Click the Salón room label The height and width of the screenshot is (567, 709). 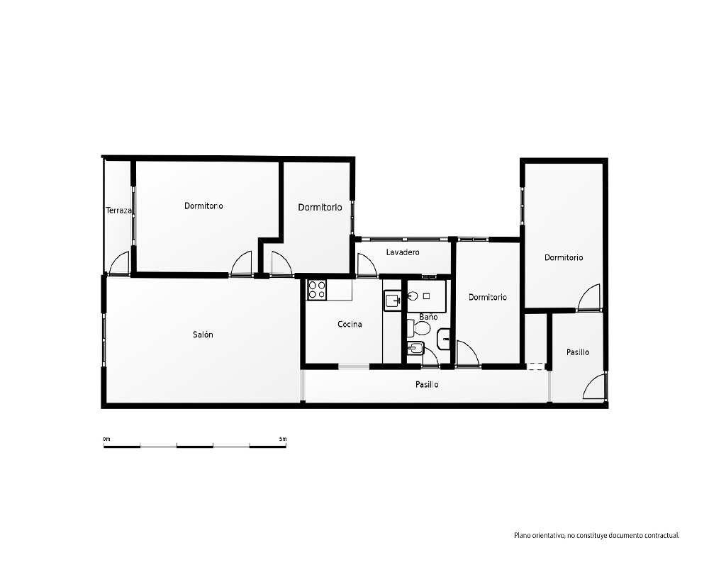[203, 335]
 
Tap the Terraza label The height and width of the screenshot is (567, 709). [118, 210]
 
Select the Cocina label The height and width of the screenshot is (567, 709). [350, 324]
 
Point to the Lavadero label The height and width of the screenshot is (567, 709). [403, 252]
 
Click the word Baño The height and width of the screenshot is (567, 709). [428, 317]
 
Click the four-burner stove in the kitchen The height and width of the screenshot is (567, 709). [317, 290]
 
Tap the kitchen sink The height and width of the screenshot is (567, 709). [393, 301]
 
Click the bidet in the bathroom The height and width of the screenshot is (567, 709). [415, 348]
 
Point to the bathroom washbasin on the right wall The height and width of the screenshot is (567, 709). [444, 339]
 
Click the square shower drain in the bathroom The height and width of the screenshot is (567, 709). [426, 296]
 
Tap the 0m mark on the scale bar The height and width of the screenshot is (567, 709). [107, 439]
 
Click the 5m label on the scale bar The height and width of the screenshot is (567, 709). [283, 439]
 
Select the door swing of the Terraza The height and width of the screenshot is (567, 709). [119, 263]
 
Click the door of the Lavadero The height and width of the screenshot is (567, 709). [367, 264]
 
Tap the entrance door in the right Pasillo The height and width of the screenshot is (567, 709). [593, 386]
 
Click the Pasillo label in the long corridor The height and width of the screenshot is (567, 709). [427, 385]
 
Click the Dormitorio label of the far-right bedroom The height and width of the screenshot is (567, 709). [564, 258]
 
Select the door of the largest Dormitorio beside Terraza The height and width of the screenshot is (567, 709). [241, 263]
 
